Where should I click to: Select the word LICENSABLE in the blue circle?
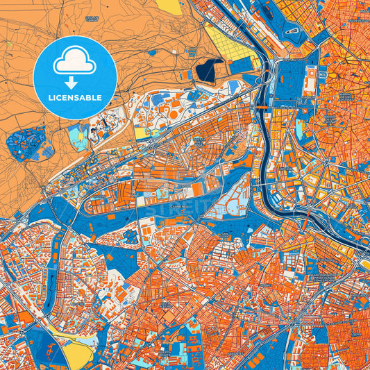point(74,98)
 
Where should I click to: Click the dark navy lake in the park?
point(206,70)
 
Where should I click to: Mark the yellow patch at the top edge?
point(169,6)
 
